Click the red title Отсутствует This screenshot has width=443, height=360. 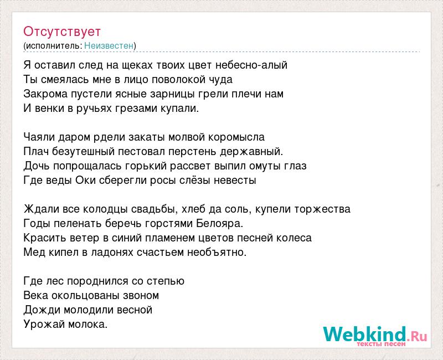coord(62,32)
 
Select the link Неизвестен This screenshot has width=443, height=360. coord(109,45)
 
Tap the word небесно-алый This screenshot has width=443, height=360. coord(251,65)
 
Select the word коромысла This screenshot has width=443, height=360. coord(236,137)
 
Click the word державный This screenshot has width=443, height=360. coord(251,152)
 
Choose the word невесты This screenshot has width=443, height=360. coord(235,181)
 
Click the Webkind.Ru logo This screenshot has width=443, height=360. coord(375,336)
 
